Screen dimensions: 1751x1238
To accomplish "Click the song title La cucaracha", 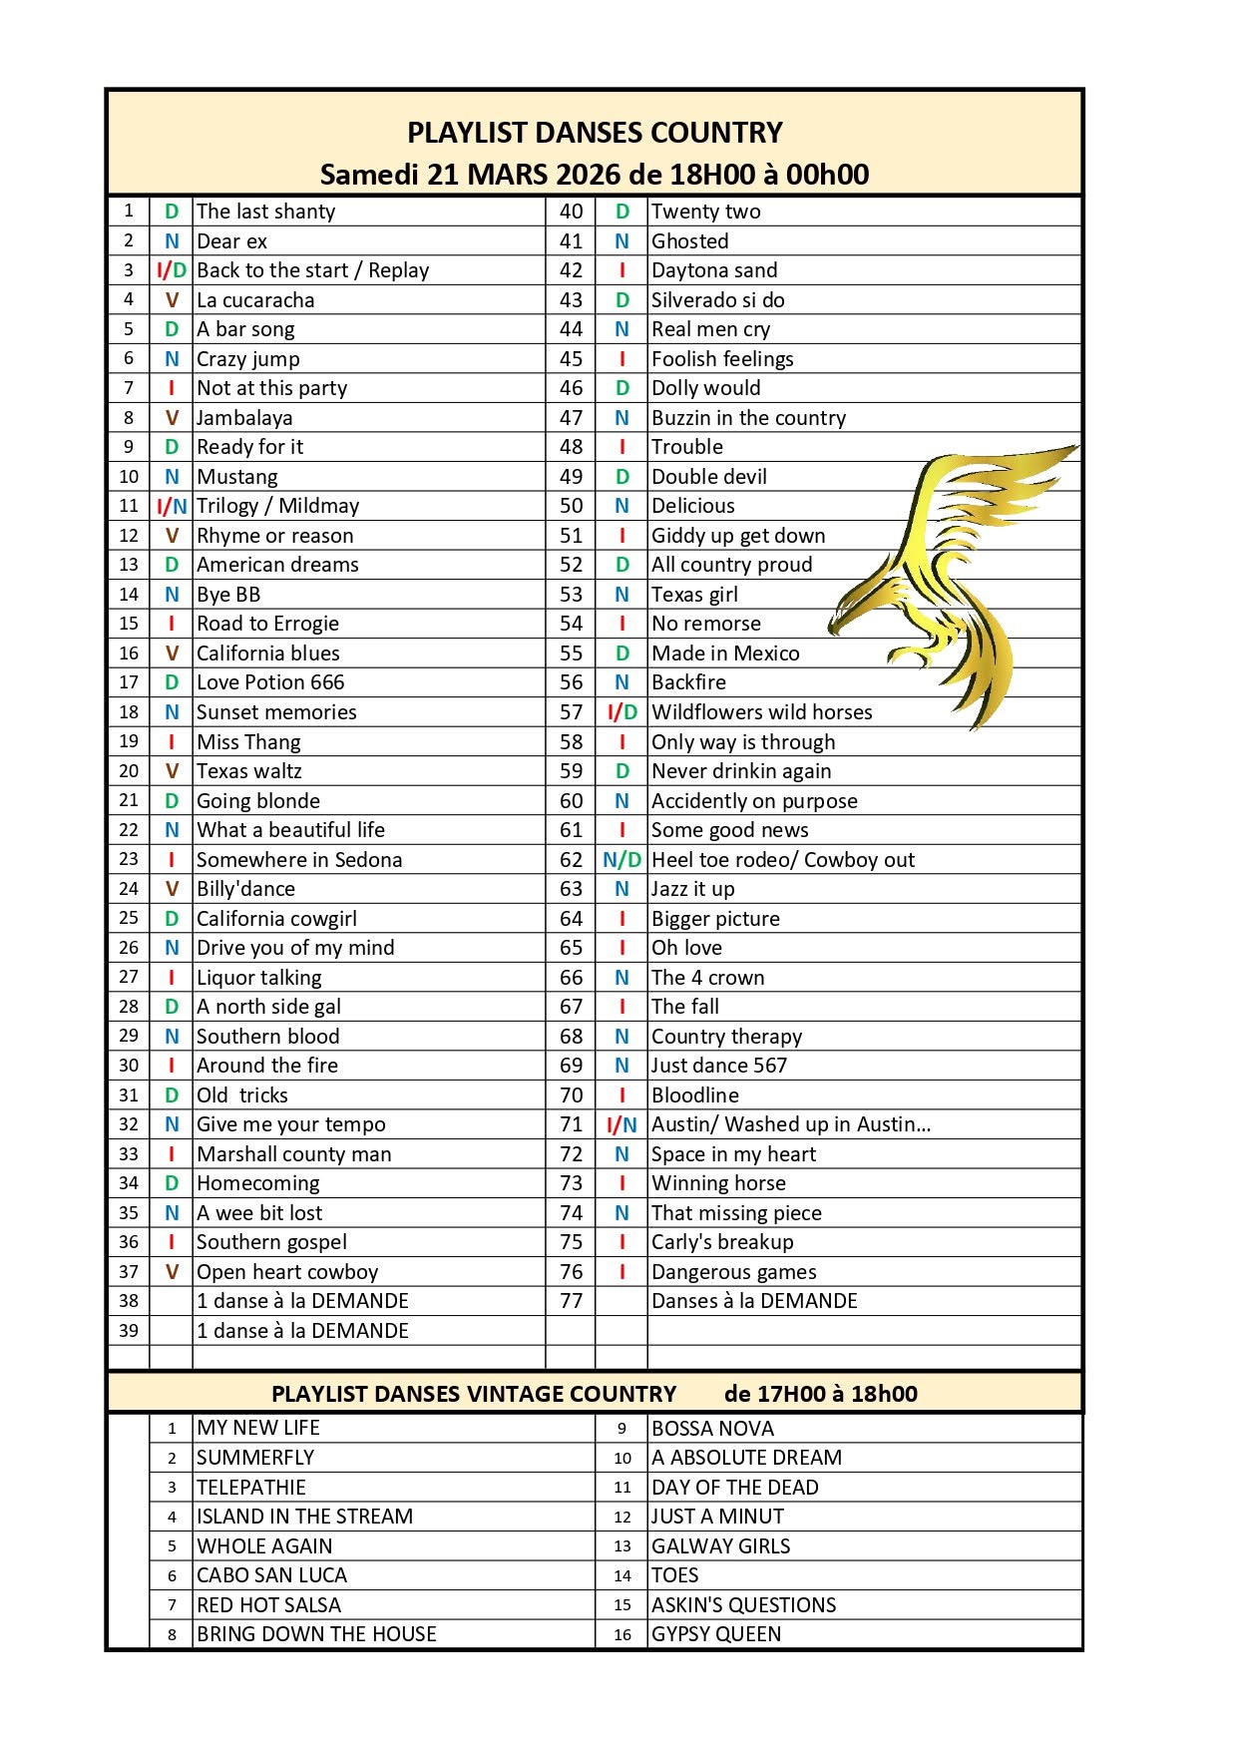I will tap(255, 300).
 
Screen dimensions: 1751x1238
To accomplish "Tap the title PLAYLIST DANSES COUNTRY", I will tap(595, 133).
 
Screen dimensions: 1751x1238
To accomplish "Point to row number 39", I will tap(129, 1330).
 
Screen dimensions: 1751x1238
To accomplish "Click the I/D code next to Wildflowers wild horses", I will tap(621, 712).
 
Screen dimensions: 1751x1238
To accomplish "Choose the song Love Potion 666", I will tap(270, 682).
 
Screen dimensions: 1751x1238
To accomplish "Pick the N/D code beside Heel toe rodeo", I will tap(621, 860).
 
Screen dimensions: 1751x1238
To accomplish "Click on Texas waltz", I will tap(248, 771).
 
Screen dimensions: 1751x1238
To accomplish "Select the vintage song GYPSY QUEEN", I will tap(716, 1634).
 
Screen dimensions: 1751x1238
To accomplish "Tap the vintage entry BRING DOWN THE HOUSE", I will tap(316, 1634).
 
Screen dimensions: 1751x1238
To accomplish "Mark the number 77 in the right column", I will tap(571, 1301).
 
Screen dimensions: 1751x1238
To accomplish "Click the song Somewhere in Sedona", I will tap(299, 860).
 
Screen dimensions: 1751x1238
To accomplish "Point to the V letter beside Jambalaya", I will tap(172, 418).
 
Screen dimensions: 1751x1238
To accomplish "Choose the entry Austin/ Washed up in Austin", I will tap(791, 1124).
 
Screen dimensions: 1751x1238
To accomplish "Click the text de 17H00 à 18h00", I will tap(820, 1394).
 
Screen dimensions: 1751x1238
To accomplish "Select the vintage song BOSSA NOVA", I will tap(712, 1429).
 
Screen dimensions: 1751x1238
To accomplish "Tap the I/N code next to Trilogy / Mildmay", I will tap(172, 507).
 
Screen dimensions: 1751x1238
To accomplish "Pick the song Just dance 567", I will tap(719, 1066).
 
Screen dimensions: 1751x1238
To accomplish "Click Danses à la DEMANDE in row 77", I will tap(754, 1301).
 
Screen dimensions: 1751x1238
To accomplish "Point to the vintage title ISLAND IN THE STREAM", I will tap(304, 1517).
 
